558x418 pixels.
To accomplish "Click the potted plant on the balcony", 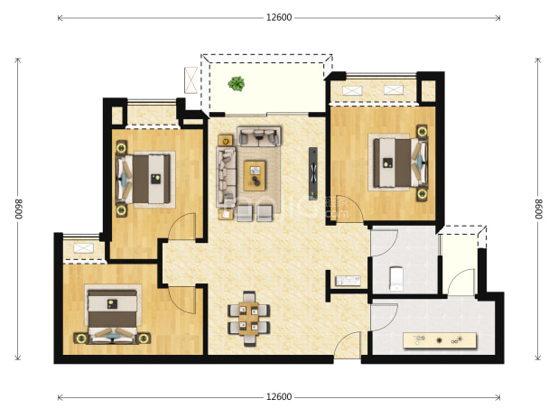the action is [x=237, y=84].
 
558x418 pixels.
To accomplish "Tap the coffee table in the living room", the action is [x=255, y=175].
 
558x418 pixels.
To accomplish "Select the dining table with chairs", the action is [x=248, y=319].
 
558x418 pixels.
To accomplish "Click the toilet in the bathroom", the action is [x=395, y=279].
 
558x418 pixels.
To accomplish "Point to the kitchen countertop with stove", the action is [x=440, y=340].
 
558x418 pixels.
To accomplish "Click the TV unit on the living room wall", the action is [x=312, y=173].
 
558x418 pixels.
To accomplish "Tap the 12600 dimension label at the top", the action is [x=279, y=17].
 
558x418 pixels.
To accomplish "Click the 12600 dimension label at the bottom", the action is [x=279, y=396].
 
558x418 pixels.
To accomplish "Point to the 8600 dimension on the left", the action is [x=18, y=209].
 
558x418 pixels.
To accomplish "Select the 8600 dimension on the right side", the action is [x=539, y=209].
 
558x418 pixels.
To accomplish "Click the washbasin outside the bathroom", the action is [x=348, y=281].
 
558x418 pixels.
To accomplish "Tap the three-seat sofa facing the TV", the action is [x=226, y=177].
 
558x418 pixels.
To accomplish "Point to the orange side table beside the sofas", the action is [x=226, y=141].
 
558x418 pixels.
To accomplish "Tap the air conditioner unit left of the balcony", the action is [x=191, y=80].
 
